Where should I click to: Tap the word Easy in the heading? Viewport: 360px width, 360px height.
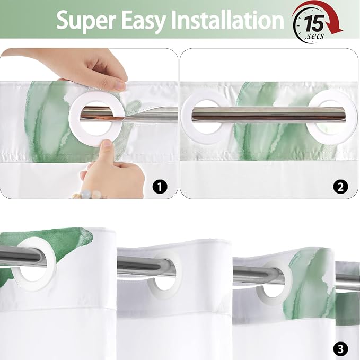[143, 21]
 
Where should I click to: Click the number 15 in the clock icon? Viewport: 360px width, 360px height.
[314, 23]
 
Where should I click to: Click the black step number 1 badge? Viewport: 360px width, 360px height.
[160, 187]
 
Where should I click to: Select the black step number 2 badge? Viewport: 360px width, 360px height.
[340, 187]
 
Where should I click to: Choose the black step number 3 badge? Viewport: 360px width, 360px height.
[340, 349]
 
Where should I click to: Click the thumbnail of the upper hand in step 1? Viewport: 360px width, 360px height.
[120, 85]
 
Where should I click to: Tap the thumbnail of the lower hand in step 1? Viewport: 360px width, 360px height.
[106, 144]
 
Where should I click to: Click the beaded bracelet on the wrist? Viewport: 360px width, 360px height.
[89, 195]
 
